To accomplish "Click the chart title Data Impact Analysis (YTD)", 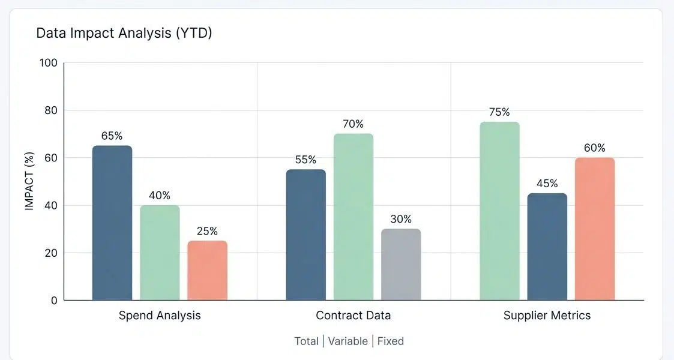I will [x=124, y=33].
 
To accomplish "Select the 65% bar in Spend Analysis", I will [x=112, y=223].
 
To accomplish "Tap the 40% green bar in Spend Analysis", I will [x=160, y=253].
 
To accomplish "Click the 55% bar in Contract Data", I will [x=305, y=235].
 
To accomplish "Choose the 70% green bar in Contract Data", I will [x=353, y=217].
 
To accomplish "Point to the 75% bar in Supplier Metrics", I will [x=499, y=211].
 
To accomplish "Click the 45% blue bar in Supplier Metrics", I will [x=547, y=247].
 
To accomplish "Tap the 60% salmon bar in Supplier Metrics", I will [x=595, y=229].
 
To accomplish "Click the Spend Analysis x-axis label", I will [x=160, y=315].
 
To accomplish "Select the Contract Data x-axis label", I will [x=353, y=315].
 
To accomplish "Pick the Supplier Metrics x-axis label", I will [x=547, y=315].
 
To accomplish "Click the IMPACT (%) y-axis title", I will [x=29, y=181].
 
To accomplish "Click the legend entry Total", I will [x=306, y=341].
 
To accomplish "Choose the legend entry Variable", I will [x=348, y=341].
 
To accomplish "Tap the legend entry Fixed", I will [x=390, y=341].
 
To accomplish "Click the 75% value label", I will [x=499, y=112].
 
